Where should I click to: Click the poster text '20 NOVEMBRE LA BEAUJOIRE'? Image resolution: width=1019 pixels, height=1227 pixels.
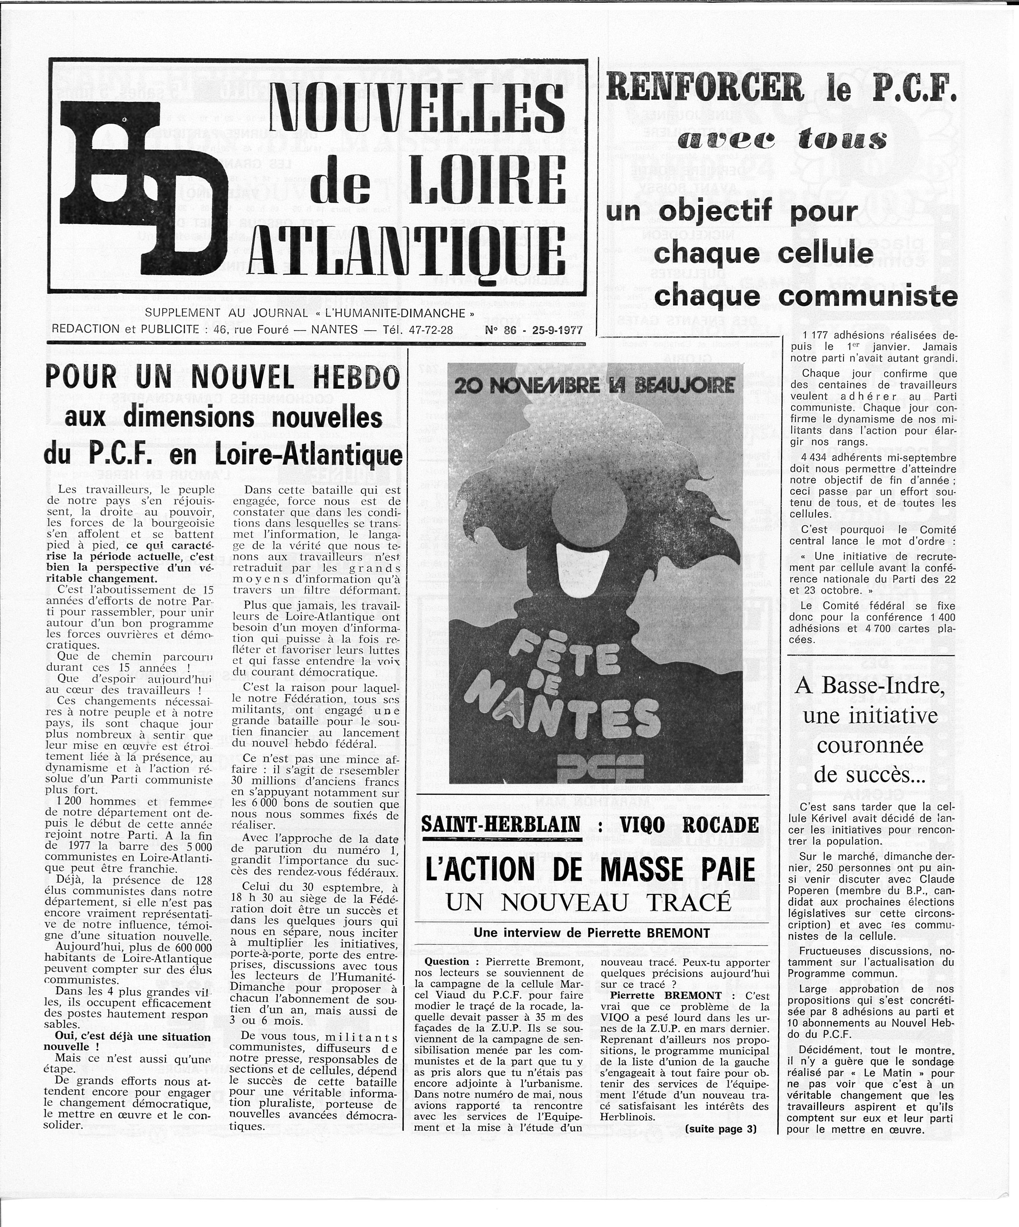[595, 386]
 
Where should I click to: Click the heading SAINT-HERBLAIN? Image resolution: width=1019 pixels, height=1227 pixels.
[501, 824]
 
